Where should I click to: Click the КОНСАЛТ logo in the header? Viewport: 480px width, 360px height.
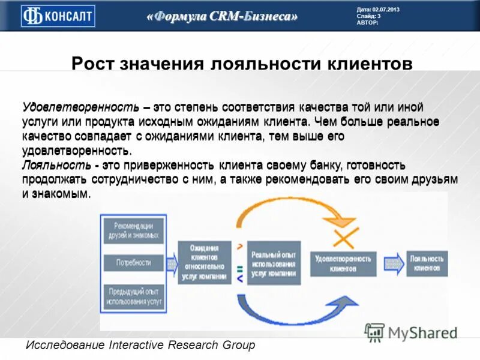click(x=58, y=16)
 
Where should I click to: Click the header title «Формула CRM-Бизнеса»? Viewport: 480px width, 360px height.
click(x=222, y=17)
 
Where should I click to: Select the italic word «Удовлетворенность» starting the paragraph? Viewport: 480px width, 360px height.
click(x=81, y=108)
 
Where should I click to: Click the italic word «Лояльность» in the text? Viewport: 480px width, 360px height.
click(x=55, y=165)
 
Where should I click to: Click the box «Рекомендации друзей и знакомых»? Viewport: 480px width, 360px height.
click(x=133, y=230)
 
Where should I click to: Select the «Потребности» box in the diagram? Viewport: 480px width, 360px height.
click(x=133, y=263)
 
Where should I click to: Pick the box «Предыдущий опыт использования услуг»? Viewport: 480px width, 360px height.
click(x=133, y=295)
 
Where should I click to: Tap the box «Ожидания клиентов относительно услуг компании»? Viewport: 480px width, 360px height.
click(x=204, y=262)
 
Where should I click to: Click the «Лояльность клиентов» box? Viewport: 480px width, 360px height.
click(x=427, y=263)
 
